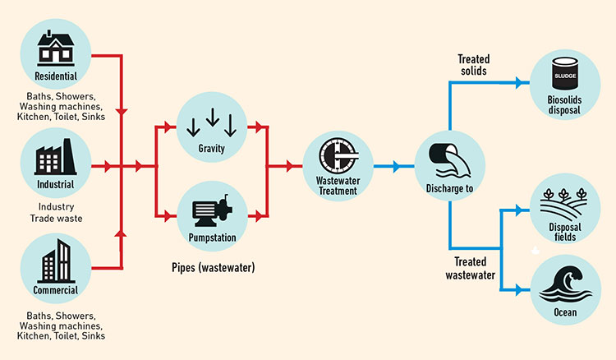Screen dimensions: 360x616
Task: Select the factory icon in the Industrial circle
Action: coord(57,156)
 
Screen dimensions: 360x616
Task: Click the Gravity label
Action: coord(212,148)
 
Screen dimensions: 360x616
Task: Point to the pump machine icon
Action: coord(212,213)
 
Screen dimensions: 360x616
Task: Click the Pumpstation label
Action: coord(212,238)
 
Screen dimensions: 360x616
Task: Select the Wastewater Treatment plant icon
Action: coord(338,157)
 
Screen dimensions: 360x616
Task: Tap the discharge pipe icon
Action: coord(448,156)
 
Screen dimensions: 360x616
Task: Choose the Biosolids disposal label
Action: coord(565,105)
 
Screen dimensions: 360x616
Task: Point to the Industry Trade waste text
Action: coord(57,212)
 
